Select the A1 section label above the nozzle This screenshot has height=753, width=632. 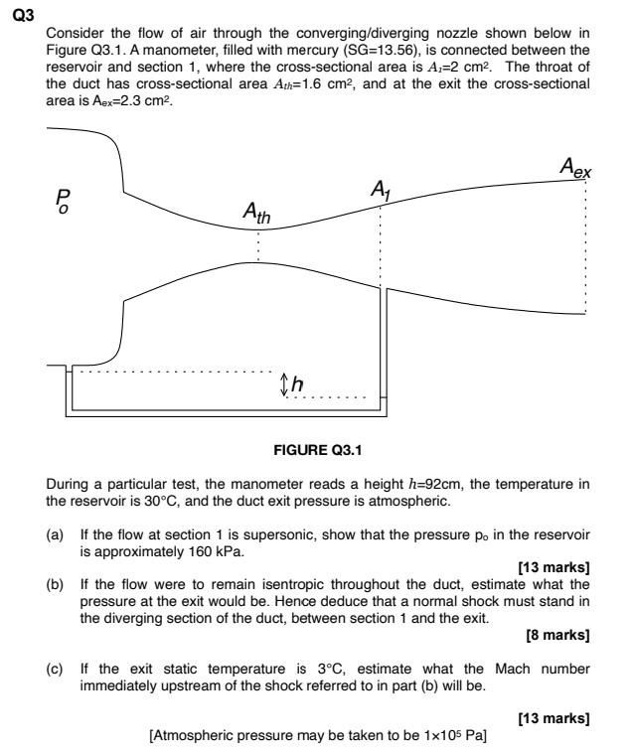[382, 188]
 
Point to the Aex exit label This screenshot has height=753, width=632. [574, 170]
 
